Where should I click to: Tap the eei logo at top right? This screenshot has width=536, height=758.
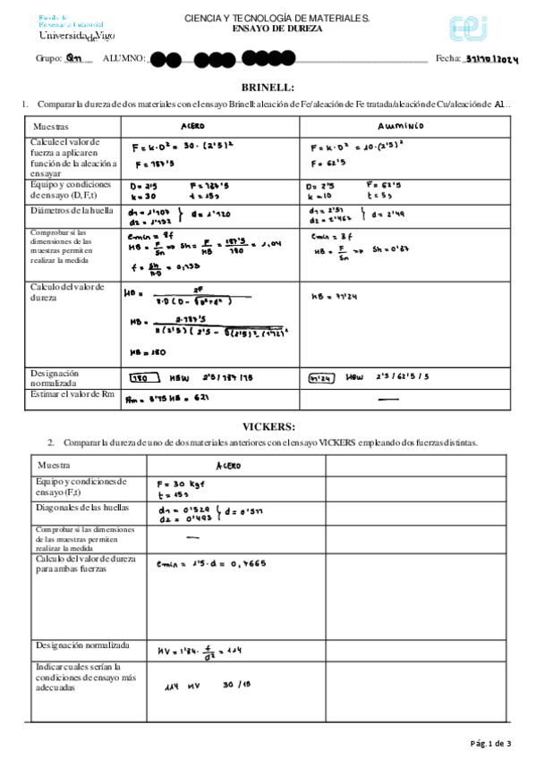(x=468, y=28)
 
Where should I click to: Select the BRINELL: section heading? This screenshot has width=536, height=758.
(x=268, y=87)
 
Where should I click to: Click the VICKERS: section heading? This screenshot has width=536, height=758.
(x=268, y=425)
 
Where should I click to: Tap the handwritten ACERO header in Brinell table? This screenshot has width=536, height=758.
(x=192, y=126)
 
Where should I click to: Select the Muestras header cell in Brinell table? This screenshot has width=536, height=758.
(x=50, y=127)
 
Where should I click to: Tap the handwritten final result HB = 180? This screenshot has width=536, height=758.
(x=144, y=352)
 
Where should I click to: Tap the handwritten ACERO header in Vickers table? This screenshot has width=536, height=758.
(x=228, y=466)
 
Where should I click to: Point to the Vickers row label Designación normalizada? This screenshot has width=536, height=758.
(x=81, y=644)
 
